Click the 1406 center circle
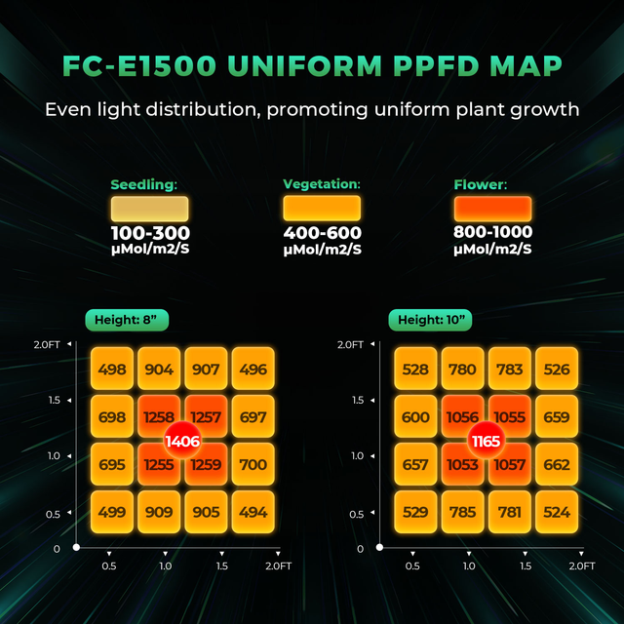(183, 441)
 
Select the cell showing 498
(112, 370)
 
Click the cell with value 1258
(159, 417)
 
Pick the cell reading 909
(159, 512)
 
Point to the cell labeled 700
(253, 464)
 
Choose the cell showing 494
(253, 512)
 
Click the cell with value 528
(415, 370)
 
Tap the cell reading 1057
(510, 464)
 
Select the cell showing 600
(415, 417)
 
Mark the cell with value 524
(558, 512)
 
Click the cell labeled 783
(510, 370)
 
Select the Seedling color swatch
(149, 209)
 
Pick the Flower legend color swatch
(492, 209)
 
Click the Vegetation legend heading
(322, 183)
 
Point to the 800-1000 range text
(492, 233)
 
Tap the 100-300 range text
(149, 234)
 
